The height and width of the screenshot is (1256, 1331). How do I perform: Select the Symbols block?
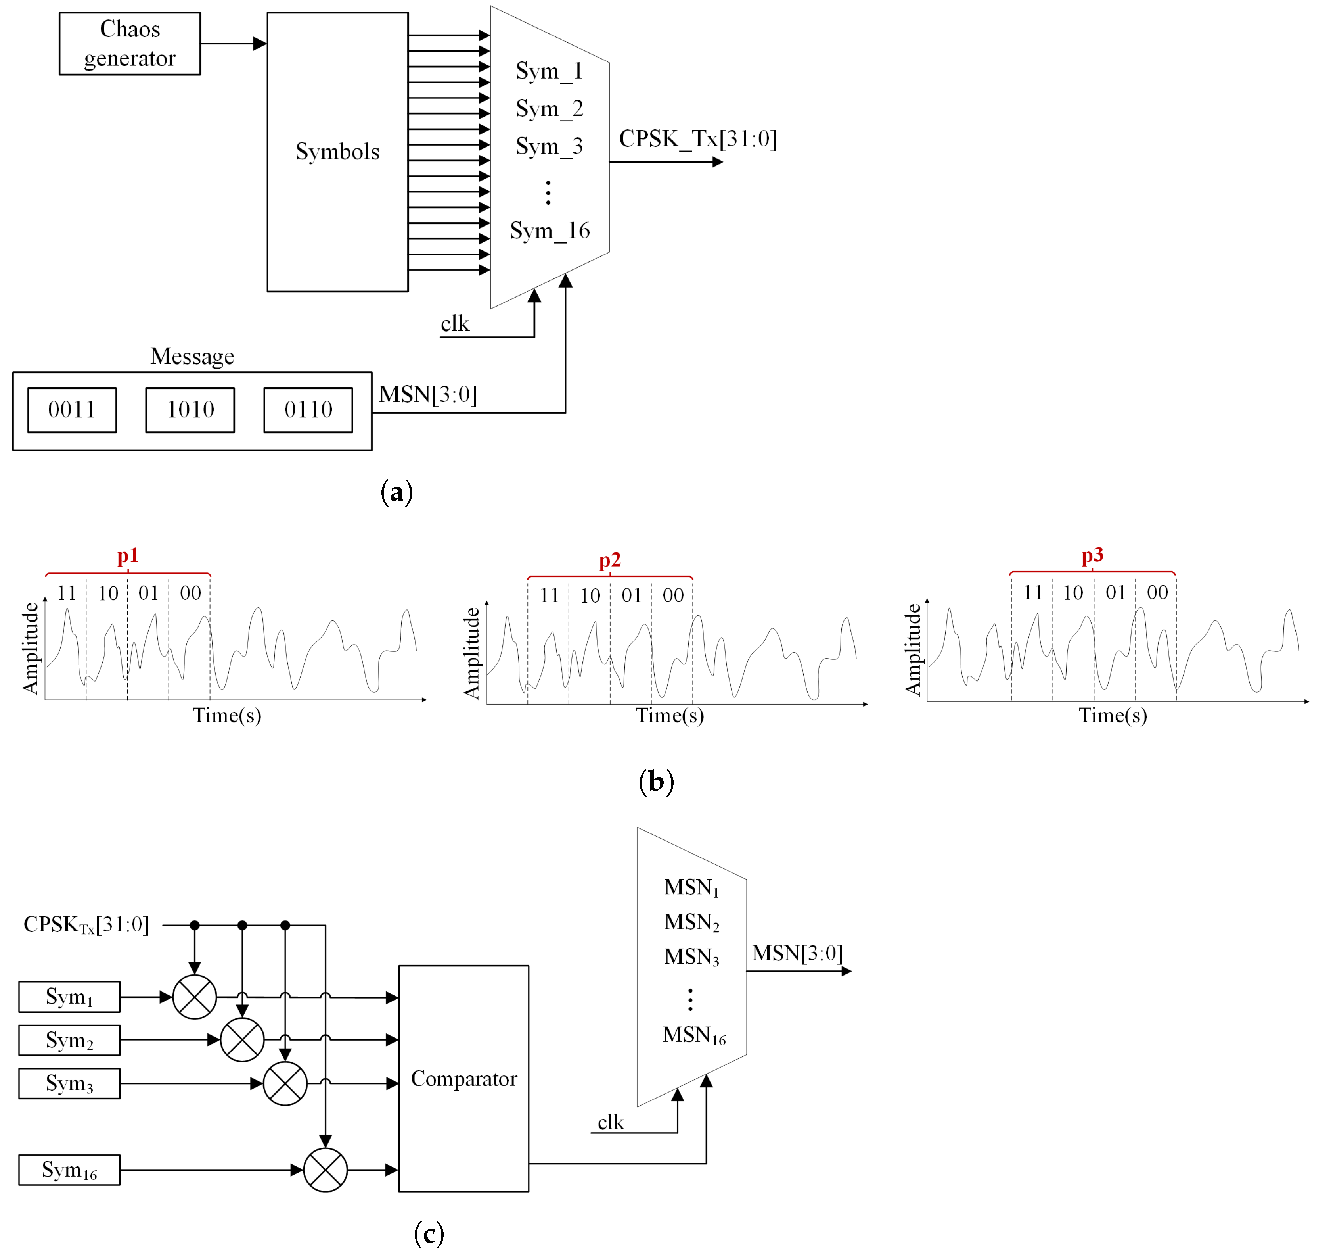pos(337,152)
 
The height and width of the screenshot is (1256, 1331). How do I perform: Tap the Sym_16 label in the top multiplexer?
pos(550,230)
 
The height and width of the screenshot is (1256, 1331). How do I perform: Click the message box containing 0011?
pos(72,409)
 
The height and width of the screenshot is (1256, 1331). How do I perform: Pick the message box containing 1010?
pos(190,409)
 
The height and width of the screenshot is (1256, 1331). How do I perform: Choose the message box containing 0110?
pos(308,409)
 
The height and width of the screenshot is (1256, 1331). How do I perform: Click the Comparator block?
pos(463,1079)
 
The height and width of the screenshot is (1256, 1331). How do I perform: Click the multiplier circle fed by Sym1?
pos(194,997)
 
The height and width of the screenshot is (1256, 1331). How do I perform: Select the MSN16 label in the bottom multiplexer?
pos(693,1035)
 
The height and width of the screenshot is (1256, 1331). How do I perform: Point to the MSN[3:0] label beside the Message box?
pos(428,395)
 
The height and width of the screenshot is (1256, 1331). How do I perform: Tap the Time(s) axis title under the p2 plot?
pos(670,715)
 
